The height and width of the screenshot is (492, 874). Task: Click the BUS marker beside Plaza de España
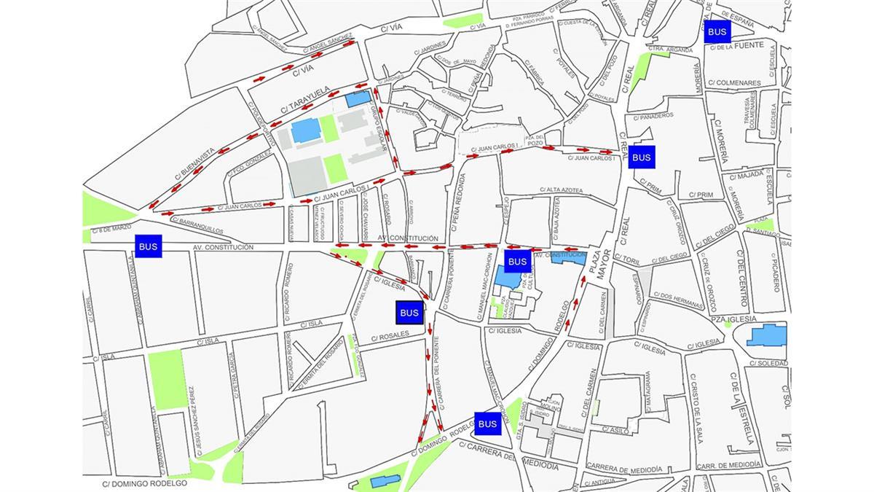click(x=717, y=31)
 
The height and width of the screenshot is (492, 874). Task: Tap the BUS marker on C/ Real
click(x=641, y=157)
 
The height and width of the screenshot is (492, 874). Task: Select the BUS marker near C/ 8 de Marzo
click(x=148, y=246)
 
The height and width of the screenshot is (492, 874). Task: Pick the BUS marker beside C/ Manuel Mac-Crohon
click(x=516, y=261)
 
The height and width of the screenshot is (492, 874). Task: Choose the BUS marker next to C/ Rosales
click(x=409, y=313)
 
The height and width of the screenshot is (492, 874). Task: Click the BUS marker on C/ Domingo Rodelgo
click(x=487, y=423)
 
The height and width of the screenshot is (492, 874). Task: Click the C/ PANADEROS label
click(x=653, y=116)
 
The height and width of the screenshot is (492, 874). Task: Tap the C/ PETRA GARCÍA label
click(x=232, y=373)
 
